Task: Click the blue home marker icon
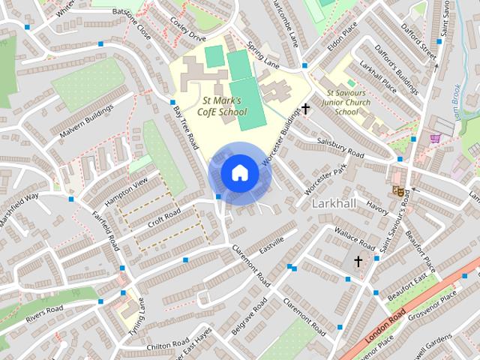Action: click(x=239, y=173)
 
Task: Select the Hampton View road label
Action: click(x=127, y=192)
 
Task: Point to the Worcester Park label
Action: click(x=328, y=178)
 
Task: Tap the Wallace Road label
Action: click(x=354, y=239)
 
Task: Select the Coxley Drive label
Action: click(x=187, y=33)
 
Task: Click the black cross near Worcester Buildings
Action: click(x=305, y=109)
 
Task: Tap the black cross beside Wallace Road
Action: click(x=358, y=262)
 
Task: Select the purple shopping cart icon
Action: click(x=434, y=138)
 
